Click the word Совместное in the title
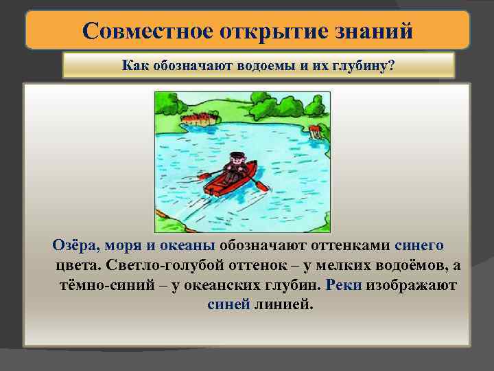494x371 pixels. pos(137,30)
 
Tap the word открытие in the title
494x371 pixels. pos(258,30)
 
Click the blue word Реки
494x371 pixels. pos(344,284)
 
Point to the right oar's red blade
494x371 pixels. pos(261,185)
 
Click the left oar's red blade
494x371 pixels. pos(204,176)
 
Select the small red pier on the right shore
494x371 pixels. pos(315,131)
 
